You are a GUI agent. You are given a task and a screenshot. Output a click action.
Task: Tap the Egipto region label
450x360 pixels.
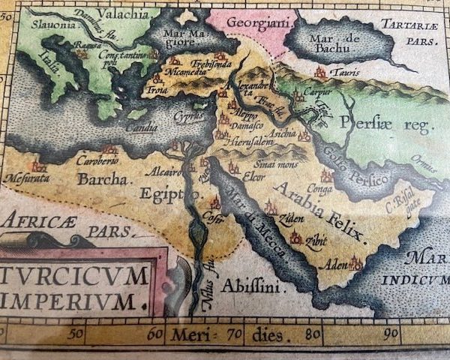169,194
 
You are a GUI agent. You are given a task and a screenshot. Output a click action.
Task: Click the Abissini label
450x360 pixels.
244,286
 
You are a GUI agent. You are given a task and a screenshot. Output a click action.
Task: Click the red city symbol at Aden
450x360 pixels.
355,263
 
